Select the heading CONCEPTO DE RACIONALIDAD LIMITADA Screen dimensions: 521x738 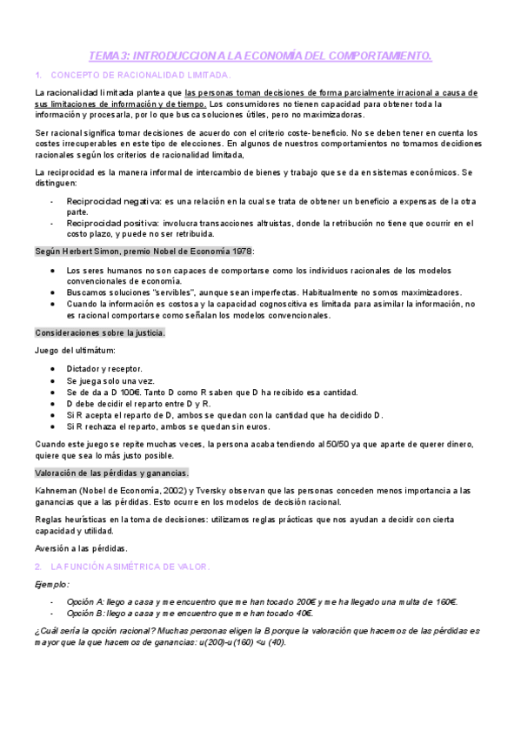(141, 75)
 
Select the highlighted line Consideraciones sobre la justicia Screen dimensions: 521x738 (99, 332)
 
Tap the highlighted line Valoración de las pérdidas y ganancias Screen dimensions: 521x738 (111, 473)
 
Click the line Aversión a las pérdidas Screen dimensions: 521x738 (80, 548)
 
